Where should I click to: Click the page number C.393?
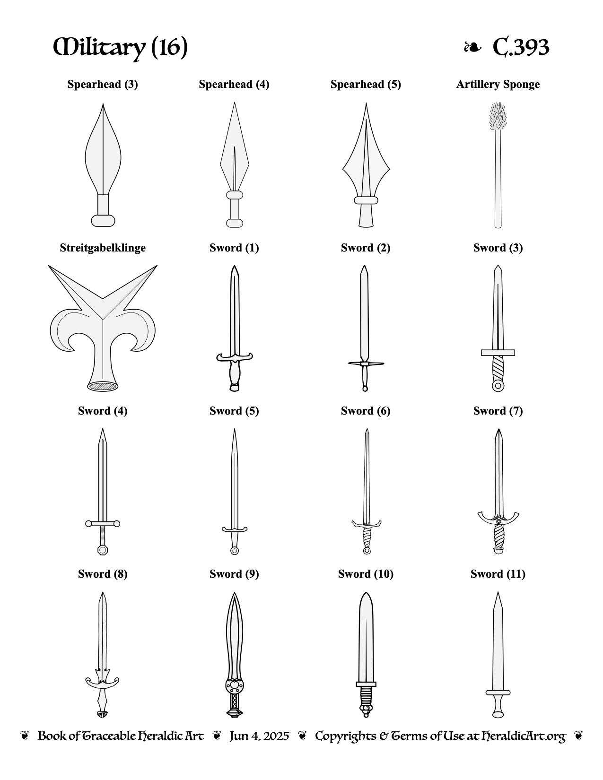[x=520, y=47]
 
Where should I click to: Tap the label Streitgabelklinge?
[x=103, y=248]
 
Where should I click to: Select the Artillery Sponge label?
[x=498, y=84]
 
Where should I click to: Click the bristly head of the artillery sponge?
[x=498, y=116]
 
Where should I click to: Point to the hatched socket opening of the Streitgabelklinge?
[x=103, y=386]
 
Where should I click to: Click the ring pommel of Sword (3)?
[x=498, y=386]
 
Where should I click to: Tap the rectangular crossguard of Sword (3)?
[x=498, y=353]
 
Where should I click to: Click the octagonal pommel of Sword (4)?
[x=103, y=550]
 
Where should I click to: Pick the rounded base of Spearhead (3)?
[x=103, y=221]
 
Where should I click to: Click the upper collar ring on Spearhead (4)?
[x=235, y=195]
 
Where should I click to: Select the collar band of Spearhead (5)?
[x=366, y=200]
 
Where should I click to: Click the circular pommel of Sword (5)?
[x=235, y=551]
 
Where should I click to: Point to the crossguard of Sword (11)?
[x=498, y=693]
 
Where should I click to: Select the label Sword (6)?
[x=366, y=411]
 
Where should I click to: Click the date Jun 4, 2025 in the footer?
[x=259, y=736]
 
